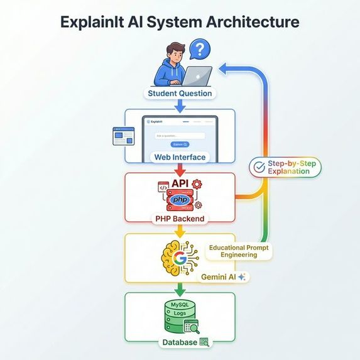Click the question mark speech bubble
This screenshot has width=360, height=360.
click(x=199, y=49)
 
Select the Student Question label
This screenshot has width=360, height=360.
click(x=180, y=94)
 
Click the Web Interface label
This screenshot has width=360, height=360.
click(x=180, y=156)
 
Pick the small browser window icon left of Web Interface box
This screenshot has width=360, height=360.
click(x=123, y=136)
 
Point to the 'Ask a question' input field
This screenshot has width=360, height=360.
click(x=180, y=135)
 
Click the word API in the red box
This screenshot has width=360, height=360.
click(x=180, y=183)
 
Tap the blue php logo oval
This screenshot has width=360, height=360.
click(x=180, y=199)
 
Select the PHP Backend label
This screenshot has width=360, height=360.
click(x=180, y=219)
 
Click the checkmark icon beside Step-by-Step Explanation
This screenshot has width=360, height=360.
click(x=258, y=167)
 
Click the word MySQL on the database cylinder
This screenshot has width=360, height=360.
click(x=180, y=305)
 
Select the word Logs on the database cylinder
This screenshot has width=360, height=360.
click(x=179, y=312)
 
